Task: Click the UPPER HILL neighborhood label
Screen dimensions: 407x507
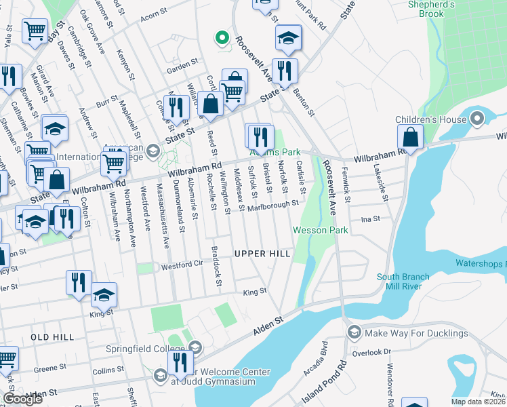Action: pyautogui.click(x=262, y=254)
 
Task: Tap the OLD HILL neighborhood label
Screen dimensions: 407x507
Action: pyautogui.click(x=52, y=337)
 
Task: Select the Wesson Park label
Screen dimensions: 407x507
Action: pyautogui.click(x=320, y=231)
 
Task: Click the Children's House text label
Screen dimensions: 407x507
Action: pyautogui.click(x=431, y=120)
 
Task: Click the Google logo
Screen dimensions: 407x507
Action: pyautogui.click(x=22, y=399)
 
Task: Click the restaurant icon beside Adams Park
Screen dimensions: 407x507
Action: pyautogui.click(x=261, y=137)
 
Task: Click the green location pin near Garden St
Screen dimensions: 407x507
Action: pyautogui.click(x=220, y=38)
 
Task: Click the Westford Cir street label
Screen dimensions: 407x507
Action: pyautogui.click(x=181, y=267)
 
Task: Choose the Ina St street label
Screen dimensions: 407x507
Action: pyautogui.click(x=370, y=218)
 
